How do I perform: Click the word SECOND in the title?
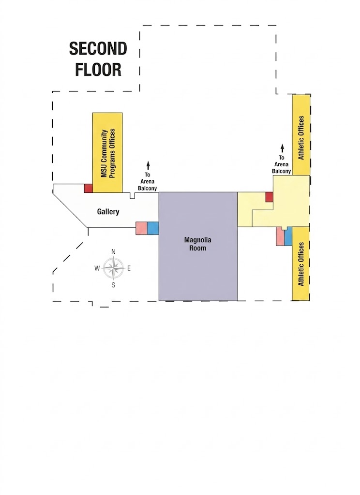click(x=98, y=49)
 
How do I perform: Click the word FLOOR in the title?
click(x=98, y=70)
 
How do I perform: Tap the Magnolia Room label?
click(x=198, y=244)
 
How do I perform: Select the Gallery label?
click(x=108, y=212)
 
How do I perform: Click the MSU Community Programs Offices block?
click(x=107, y=153)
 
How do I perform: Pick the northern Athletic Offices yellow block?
click(x=301, y=135)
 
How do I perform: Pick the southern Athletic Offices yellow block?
click(x=300, y=264)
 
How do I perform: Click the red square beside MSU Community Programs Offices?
click(x=88, y=189)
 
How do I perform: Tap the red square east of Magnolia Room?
click(x=270, y=197)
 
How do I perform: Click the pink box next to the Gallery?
click(x=142, y=228)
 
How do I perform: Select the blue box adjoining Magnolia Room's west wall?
click(x=153, y=228)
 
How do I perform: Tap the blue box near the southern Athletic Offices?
click(x=288, y=237)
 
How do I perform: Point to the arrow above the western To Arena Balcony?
click(x=148, y=165)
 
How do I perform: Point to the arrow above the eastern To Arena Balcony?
click(x=282, y=148)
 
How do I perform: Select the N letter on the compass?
click(x=114, y=252)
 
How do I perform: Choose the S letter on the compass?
click(x=114, y=285)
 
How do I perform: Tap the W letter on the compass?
click(x=97, y=268)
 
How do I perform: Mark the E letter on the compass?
click(x=129, y=268)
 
